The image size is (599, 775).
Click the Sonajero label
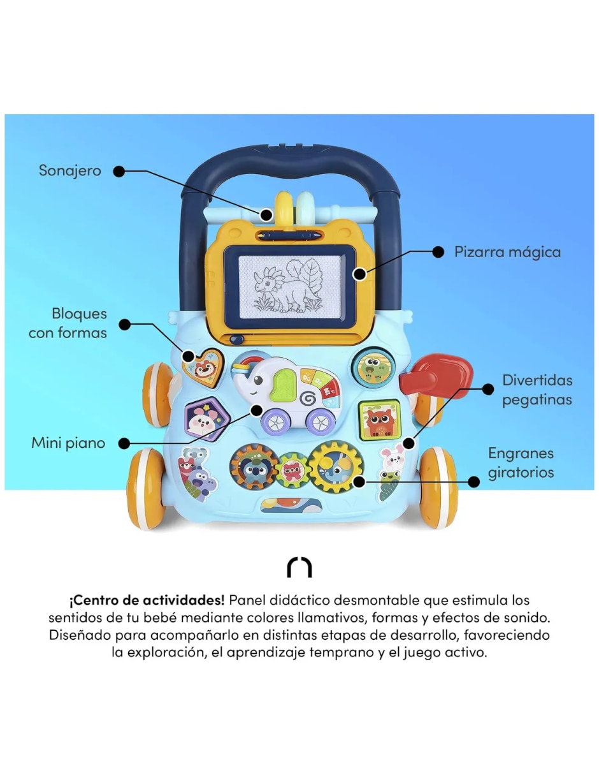click(x=70, y=171)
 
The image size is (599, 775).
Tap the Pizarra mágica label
click(x=507, y=252)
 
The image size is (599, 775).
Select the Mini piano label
click(x=68, y=443)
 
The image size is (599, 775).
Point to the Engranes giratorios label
click(x=521, y=463)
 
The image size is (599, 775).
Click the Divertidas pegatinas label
click(x=537, y=390)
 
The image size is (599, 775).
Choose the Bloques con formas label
click(x=68, y=323)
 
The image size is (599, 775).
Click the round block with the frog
click(x=373, y=366)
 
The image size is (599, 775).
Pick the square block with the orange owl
click(x=379, y=420)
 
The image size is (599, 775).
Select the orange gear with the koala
click(x=254, y=467)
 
